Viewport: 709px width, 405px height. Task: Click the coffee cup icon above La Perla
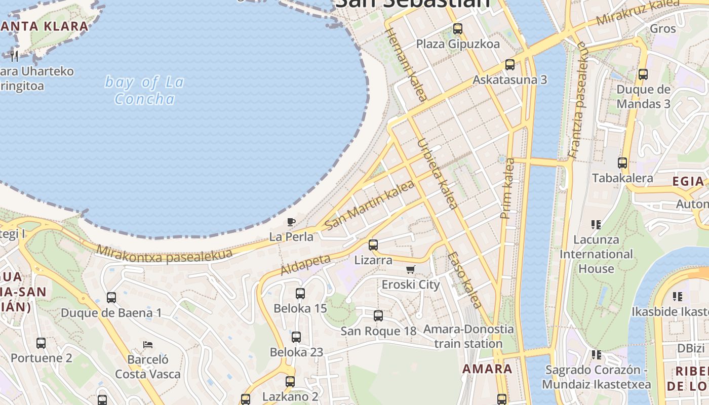[291, 222]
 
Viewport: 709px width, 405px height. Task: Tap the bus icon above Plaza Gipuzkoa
[458, 29]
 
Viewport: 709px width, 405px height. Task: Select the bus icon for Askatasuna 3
[510, 65]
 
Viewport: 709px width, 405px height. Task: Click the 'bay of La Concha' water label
[144, 90]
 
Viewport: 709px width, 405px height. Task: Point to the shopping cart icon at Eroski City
[411, 269]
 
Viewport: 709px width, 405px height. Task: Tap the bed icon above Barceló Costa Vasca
[148, 345]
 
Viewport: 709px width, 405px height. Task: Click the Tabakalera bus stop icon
[622, 163]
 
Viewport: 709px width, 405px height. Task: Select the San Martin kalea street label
[370, 205]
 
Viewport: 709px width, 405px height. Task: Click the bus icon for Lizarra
[373, 245]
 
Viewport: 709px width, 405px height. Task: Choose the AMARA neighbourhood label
[487, 369]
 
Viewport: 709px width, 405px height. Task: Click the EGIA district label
[688, 181]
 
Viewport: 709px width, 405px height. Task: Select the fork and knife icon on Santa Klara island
[14, 56]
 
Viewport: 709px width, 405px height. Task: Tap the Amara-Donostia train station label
[468, 336]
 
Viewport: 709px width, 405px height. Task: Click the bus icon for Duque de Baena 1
[111, 298]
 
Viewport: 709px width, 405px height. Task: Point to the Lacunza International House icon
[596, 224]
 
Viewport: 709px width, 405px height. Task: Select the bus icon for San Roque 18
[378, 316]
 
